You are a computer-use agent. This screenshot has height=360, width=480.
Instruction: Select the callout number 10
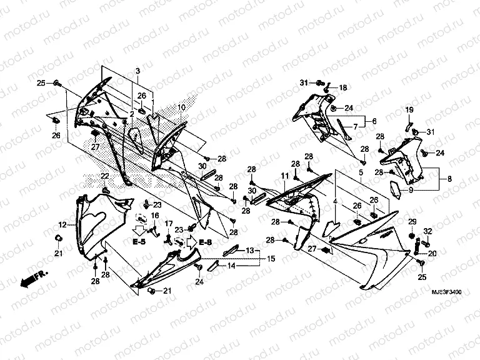click(x=181, y=107)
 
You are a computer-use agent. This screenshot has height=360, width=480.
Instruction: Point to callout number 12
click(x=62, y=224)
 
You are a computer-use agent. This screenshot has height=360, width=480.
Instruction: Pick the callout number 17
click(x=168, y=223)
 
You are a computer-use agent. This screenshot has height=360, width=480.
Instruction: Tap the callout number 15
click(x=271, y=258)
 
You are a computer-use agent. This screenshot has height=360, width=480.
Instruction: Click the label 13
click(x=249, y=250)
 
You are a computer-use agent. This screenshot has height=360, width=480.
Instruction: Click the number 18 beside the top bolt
click(x=342, y=88)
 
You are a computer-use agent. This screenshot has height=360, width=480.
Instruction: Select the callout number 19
click(x=410, y=111)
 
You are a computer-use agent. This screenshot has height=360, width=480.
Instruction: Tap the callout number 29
click(x=412, y=222)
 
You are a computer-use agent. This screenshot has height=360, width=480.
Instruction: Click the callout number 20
click(x=432, y=254)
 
